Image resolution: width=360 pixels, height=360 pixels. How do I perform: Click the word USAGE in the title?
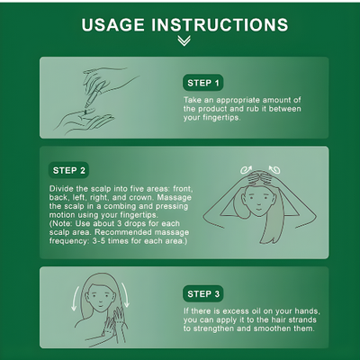tap(112, 24)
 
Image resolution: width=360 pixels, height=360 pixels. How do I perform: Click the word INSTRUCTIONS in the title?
tap(220, 24)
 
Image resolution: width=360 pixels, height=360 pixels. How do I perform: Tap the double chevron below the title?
tap(184, 40)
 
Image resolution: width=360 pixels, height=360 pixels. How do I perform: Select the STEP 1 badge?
tap(203, 83)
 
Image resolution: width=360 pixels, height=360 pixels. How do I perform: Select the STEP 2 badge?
tap(68, 170)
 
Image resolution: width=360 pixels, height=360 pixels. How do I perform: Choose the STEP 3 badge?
tap(203, 293)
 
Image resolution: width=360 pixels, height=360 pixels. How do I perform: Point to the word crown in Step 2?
tap(140, 198)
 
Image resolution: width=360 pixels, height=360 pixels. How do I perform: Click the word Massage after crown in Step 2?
tap(174, 198)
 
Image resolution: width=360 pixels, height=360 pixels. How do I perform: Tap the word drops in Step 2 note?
tap(137, 223)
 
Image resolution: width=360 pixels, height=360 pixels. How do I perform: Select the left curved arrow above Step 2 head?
tap(246, 170)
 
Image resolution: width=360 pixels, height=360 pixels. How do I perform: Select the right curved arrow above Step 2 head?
tap(274, 170)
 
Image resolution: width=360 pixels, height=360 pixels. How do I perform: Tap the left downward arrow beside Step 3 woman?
tap(75, 299)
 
